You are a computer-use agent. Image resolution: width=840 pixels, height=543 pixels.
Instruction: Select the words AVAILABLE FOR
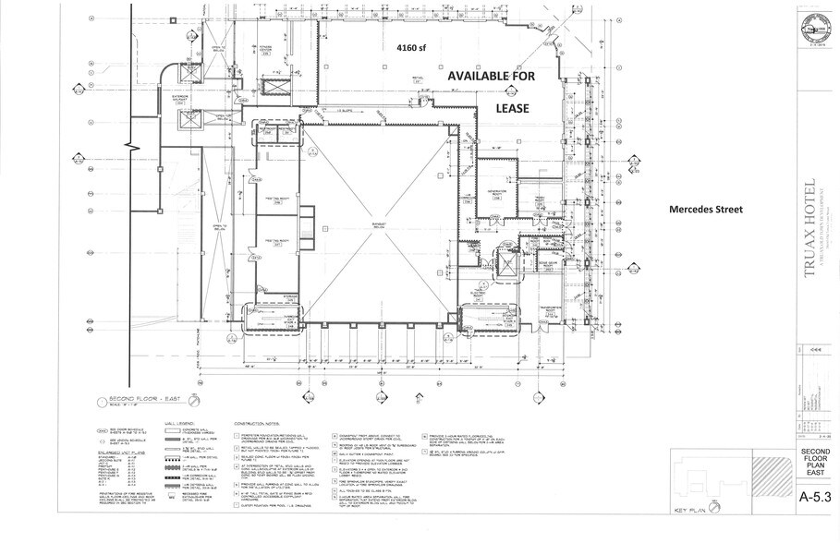point(491,79)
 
